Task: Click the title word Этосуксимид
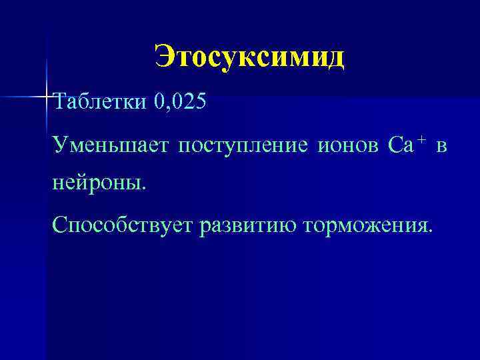(x=249, y=57)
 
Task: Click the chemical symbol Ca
(x=400, y=145)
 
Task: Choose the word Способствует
(x=122, y=225)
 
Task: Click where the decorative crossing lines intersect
(x=47, y=97)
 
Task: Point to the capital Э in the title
(x=164, y=57)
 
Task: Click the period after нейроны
(x=141, y=187)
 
